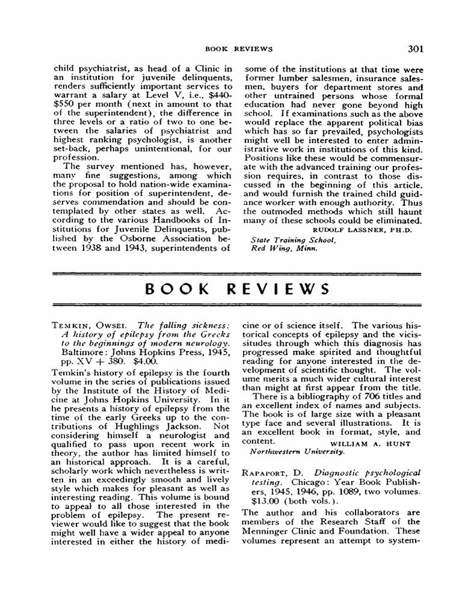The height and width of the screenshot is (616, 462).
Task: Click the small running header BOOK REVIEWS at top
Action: [x=239, y=49]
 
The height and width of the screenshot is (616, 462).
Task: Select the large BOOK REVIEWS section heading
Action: [x=238, y=288]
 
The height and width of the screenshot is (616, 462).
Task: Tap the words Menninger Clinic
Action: [x=284, y=531]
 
